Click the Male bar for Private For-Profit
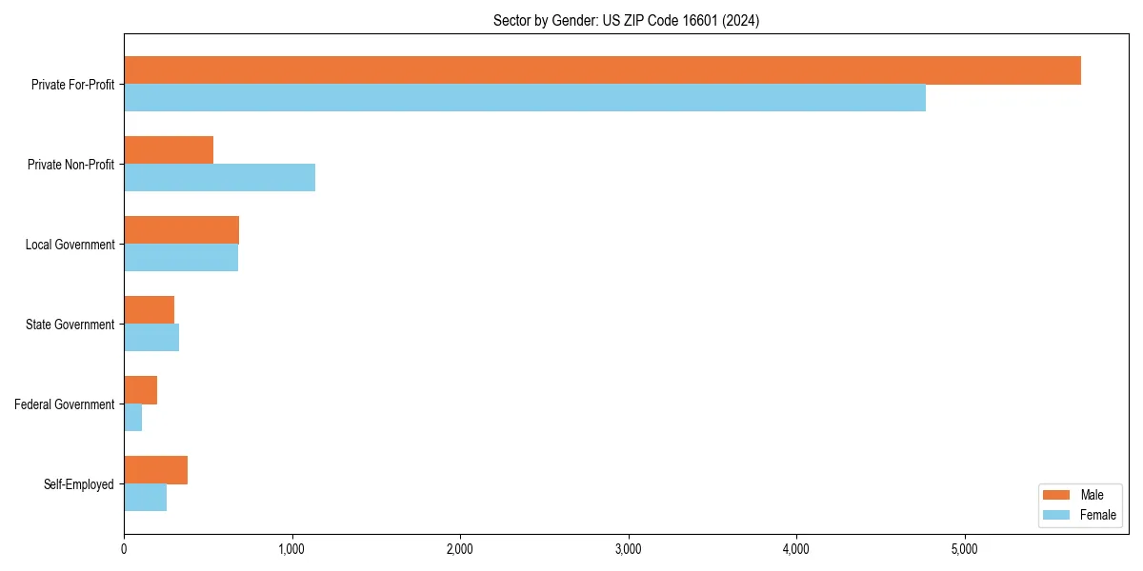click(x=602, y=70)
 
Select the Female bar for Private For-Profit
click(x=524, y=98)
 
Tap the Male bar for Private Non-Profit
click(x=169, y=150)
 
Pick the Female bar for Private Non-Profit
click(x=219, y=178)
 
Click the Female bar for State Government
click(x=151, y=338)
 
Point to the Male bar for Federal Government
click(x=140, y=390)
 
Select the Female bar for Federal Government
click(x=132, y=418)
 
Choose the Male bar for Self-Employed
click(x=155, y=470)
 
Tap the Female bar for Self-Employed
click(x=145, y=498)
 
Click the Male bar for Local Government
click(x=181, y=230)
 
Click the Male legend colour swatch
click(x=1057, y=495)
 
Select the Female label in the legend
click(x=1098, y=515)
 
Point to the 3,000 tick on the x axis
click(x=628, y=548)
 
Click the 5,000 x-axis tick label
click(x=964, y=548)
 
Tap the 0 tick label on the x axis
click(x=124, y=548)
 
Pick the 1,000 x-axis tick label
click(x=291, y=548)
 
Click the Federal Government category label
click(x=65, y=404)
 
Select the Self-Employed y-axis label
click(x=79, y=484)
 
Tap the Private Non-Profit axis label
click(x=70, y=165)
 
